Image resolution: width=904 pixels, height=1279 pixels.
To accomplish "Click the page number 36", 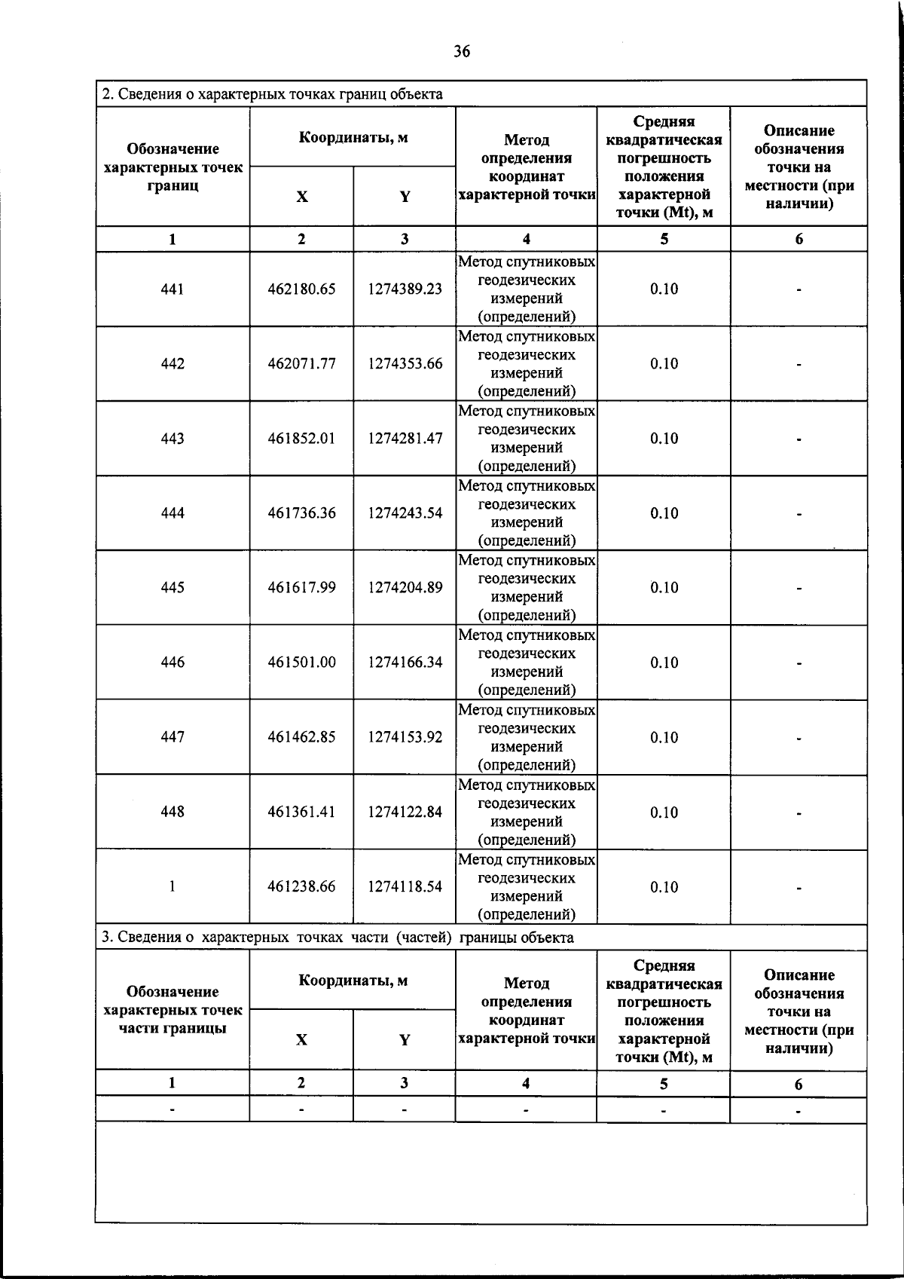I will point(462,51).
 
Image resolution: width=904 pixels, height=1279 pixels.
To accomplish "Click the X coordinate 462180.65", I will point(301,289).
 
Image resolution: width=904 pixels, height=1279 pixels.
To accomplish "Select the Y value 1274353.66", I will point(405,364).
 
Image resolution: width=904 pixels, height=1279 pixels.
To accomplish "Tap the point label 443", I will point(173,439).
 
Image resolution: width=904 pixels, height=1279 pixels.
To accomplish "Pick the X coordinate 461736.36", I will point(301,513).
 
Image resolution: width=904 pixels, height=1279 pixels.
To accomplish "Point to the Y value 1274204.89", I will point(405,588).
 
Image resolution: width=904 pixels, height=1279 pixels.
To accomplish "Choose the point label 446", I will point(173,662).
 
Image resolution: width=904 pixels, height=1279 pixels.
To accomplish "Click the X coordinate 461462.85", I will point(301,737).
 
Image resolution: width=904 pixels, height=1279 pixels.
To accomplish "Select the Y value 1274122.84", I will point(405,812).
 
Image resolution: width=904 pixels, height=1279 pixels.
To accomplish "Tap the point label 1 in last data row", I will point(173,887).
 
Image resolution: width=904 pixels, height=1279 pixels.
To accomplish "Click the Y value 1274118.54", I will point(405,887).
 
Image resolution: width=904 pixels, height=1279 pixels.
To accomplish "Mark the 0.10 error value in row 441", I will point(664,289).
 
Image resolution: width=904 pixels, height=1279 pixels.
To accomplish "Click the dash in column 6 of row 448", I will point(799,813).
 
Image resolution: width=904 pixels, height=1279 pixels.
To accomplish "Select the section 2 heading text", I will point(272,94).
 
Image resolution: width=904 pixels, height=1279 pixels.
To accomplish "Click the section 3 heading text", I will point(337,938).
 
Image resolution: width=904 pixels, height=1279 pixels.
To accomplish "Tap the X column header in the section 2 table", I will point(301,197).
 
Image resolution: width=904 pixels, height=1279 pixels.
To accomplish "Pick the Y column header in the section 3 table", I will point(405,1040).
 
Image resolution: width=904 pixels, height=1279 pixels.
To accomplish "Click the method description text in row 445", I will point(526,588).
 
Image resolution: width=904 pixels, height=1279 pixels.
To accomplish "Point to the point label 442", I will point(173,364).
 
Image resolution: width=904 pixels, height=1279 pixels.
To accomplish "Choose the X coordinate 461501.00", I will point(301,662).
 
